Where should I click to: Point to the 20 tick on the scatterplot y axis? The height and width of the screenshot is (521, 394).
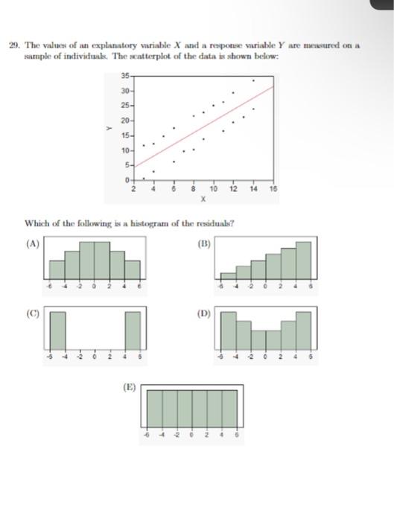pyautogui.click(x=128, y=121)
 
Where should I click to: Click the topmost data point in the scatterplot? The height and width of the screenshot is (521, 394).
pyautogui.click(x=252, y=80)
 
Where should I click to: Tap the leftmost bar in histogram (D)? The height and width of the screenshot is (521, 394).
pyautogui.click(x=229, y=330)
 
